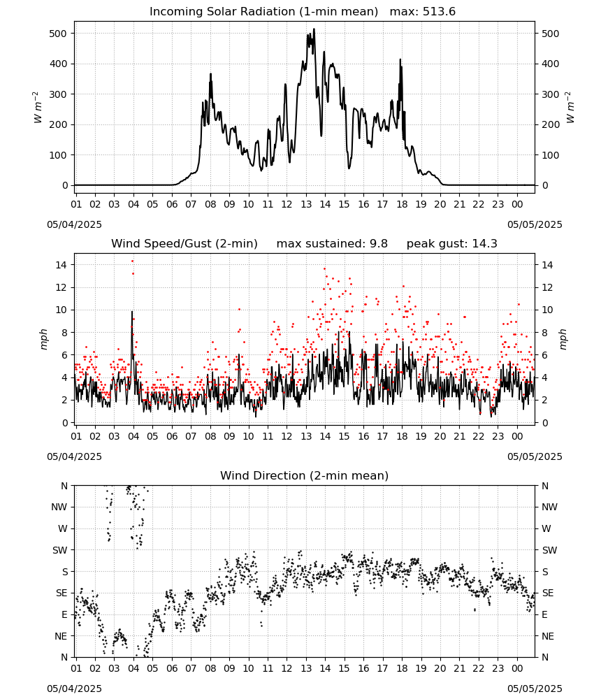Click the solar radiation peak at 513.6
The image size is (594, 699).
[314, 29]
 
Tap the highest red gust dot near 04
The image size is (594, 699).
[132, 261]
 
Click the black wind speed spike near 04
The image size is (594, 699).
[132, 312]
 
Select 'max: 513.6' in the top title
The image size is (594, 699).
[423, 12]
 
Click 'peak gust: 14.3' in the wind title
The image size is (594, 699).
[451, 244]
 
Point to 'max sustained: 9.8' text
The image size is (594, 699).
[332, 244]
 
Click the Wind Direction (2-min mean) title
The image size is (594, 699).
[305, 475]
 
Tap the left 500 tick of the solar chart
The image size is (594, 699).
[58, 34]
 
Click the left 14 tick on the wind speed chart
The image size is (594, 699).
[61, 265]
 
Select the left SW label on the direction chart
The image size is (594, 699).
[59, 550]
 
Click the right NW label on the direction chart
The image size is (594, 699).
[549, 507]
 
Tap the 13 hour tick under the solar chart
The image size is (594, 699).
[306, 204]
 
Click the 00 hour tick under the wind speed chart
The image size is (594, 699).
[517, 436]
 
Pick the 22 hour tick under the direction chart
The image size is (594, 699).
[479, 668]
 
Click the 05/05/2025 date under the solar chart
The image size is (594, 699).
[535, 224]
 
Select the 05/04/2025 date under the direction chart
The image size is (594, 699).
[74, 689]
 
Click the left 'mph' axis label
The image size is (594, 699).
[43, 339]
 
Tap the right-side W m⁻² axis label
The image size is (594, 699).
[570, 108]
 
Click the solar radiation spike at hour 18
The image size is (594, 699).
[400, 59]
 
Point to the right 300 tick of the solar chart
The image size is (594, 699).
[551, 94]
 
